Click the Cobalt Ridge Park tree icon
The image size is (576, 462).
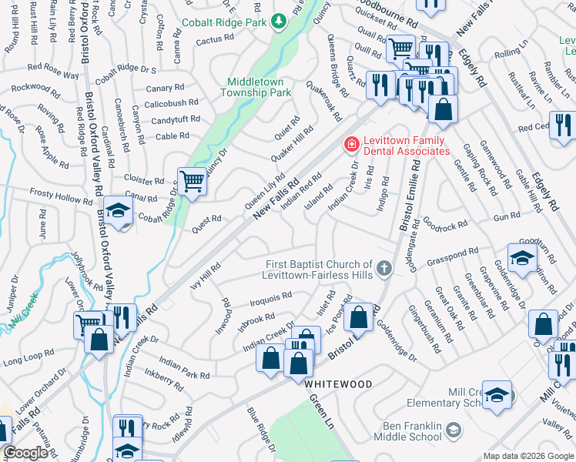tap(280, 22)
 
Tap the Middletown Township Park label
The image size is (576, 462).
tap(259, 87)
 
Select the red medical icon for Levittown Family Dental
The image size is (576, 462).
tap(350, 144)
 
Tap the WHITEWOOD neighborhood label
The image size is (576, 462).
tap(337, 383)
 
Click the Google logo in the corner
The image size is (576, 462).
tap(25, 453)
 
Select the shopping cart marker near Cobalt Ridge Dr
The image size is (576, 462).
tap(192, 182)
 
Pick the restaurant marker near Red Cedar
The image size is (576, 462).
tap(563, 126)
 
